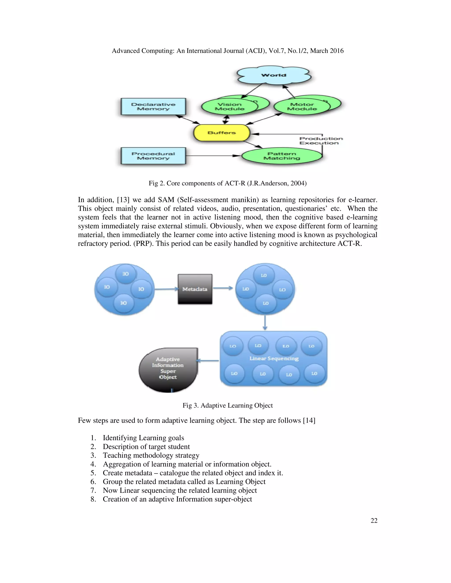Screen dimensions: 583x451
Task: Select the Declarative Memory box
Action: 153,106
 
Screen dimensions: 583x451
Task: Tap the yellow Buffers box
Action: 222,133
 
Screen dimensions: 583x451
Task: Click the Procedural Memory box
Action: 153,156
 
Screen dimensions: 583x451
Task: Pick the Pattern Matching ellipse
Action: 282,156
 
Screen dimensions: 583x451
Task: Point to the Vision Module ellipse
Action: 229,107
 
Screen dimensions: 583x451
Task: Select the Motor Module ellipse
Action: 302,107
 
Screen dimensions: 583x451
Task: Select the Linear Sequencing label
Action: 274,359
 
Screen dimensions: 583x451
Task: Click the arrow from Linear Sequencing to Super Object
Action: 208,361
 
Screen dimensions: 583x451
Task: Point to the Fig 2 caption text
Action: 228,183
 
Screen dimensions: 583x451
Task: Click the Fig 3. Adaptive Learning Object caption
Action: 228,405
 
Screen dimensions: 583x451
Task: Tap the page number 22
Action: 374,521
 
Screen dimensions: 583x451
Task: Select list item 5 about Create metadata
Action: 193,473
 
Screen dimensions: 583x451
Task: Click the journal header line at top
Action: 228,51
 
